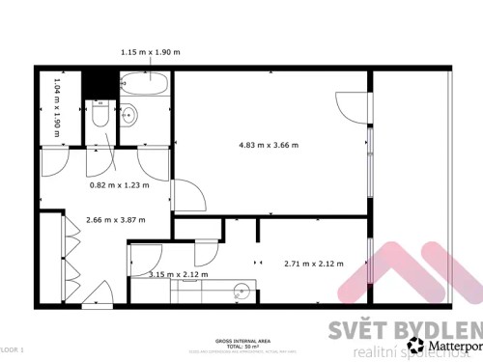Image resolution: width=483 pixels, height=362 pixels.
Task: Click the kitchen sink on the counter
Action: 242,290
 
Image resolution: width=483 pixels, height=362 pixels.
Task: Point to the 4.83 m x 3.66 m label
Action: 269,146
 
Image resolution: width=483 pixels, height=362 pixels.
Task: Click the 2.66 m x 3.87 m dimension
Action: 115,219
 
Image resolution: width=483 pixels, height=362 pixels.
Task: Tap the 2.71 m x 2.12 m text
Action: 312,263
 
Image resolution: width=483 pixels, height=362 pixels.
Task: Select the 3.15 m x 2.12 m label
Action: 179,274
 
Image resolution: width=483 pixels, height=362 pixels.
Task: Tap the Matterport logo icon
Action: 415,344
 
